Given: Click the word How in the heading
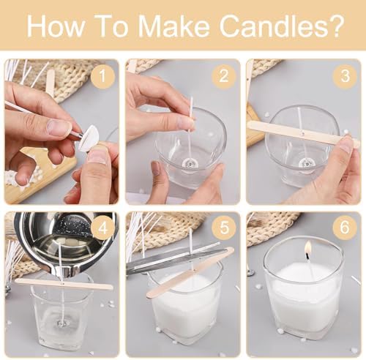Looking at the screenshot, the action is tap(55, 26).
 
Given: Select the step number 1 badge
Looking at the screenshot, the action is tap(102, 76).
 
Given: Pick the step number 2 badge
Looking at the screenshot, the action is tap(223, 76).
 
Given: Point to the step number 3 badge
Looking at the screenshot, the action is tap(345, 76).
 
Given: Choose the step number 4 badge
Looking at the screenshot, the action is tap(102, 228).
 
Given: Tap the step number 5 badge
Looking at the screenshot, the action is tap(224, 228).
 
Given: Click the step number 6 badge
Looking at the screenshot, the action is tap(345, 228).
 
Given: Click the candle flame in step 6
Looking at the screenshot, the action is tap(308, 248).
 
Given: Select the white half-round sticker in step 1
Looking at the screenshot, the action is tap(88, 138).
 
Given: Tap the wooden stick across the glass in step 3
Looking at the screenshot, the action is tap(303, 134).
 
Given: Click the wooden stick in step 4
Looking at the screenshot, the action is tap(64, 284).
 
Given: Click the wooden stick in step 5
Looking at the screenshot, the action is tap(190, 272).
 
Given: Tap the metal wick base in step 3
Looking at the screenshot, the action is tap(305, 163).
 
